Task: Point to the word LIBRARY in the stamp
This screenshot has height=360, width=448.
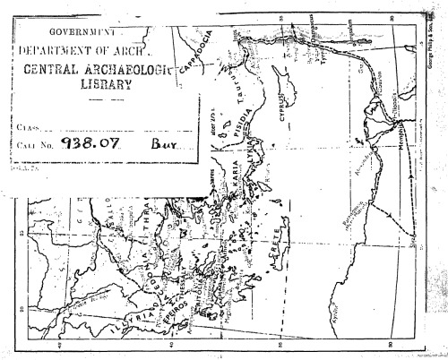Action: point(105,86)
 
